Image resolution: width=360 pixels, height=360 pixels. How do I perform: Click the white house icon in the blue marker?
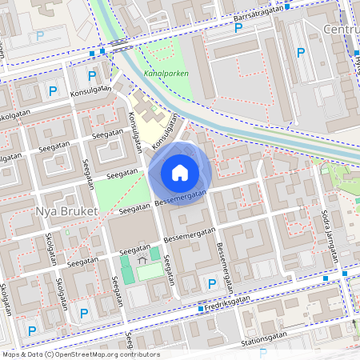pos(179,172)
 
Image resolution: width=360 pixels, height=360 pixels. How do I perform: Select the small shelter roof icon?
pos(142,259)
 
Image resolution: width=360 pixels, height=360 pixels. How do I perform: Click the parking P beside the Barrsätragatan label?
pos(238,28)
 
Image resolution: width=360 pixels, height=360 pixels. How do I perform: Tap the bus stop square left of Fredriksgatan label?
pos(200,309)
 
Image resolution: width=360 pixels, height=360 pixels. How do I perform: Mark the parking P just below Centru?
pos(301,53)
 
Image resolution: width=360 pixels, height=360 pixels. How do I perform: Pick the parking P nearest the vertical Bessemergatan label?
pos(211,284)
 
